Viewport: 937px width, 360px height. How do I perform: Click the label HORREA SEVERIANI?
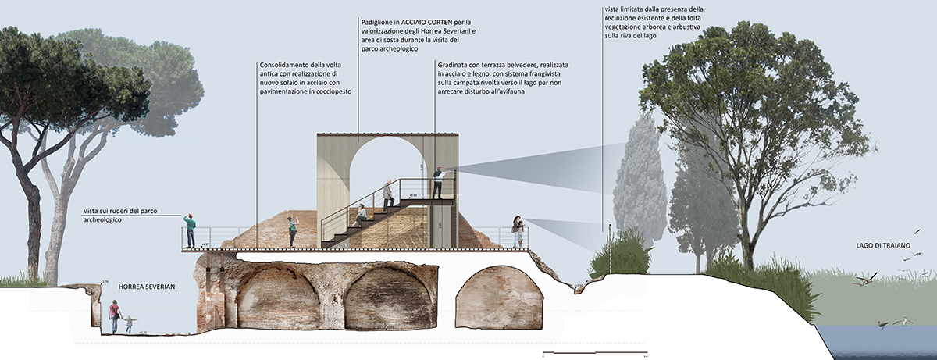(x=148, y=287)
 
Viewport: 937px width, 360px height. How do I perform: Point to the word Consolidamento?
(x=285, y=65)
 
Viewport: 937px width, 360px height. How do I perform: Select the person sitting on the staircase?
(x=361, y=215)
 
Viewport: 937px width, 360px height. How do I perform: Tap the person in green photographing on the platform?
(x=293, y=231)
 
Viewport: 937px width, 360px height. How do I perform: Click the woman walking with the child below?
(x=116, y=316)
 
